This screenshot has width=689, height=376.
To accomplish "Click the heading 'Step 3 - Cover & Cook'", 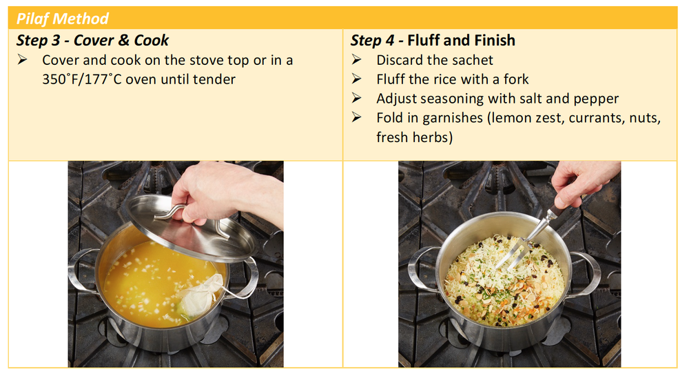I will (x=93, y=40).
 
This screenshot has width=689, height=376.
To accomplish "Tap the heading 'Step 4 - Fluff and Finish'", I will (x=433, y=40).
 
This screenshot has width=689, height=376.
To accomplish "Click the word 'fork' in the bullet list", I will (x=515, y=79).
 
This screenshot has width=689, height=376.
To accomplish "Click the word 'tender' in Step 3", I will (x=214, y=79).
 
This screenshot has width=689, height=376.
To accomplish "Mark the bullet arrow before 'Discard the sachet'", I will (x=356, y=60).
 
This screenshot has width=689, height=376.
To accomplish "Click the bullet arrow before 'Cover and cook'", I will (x=23, y=60).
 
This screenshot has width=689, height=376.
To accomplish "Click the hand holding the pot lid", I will (x=220, y=190).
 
